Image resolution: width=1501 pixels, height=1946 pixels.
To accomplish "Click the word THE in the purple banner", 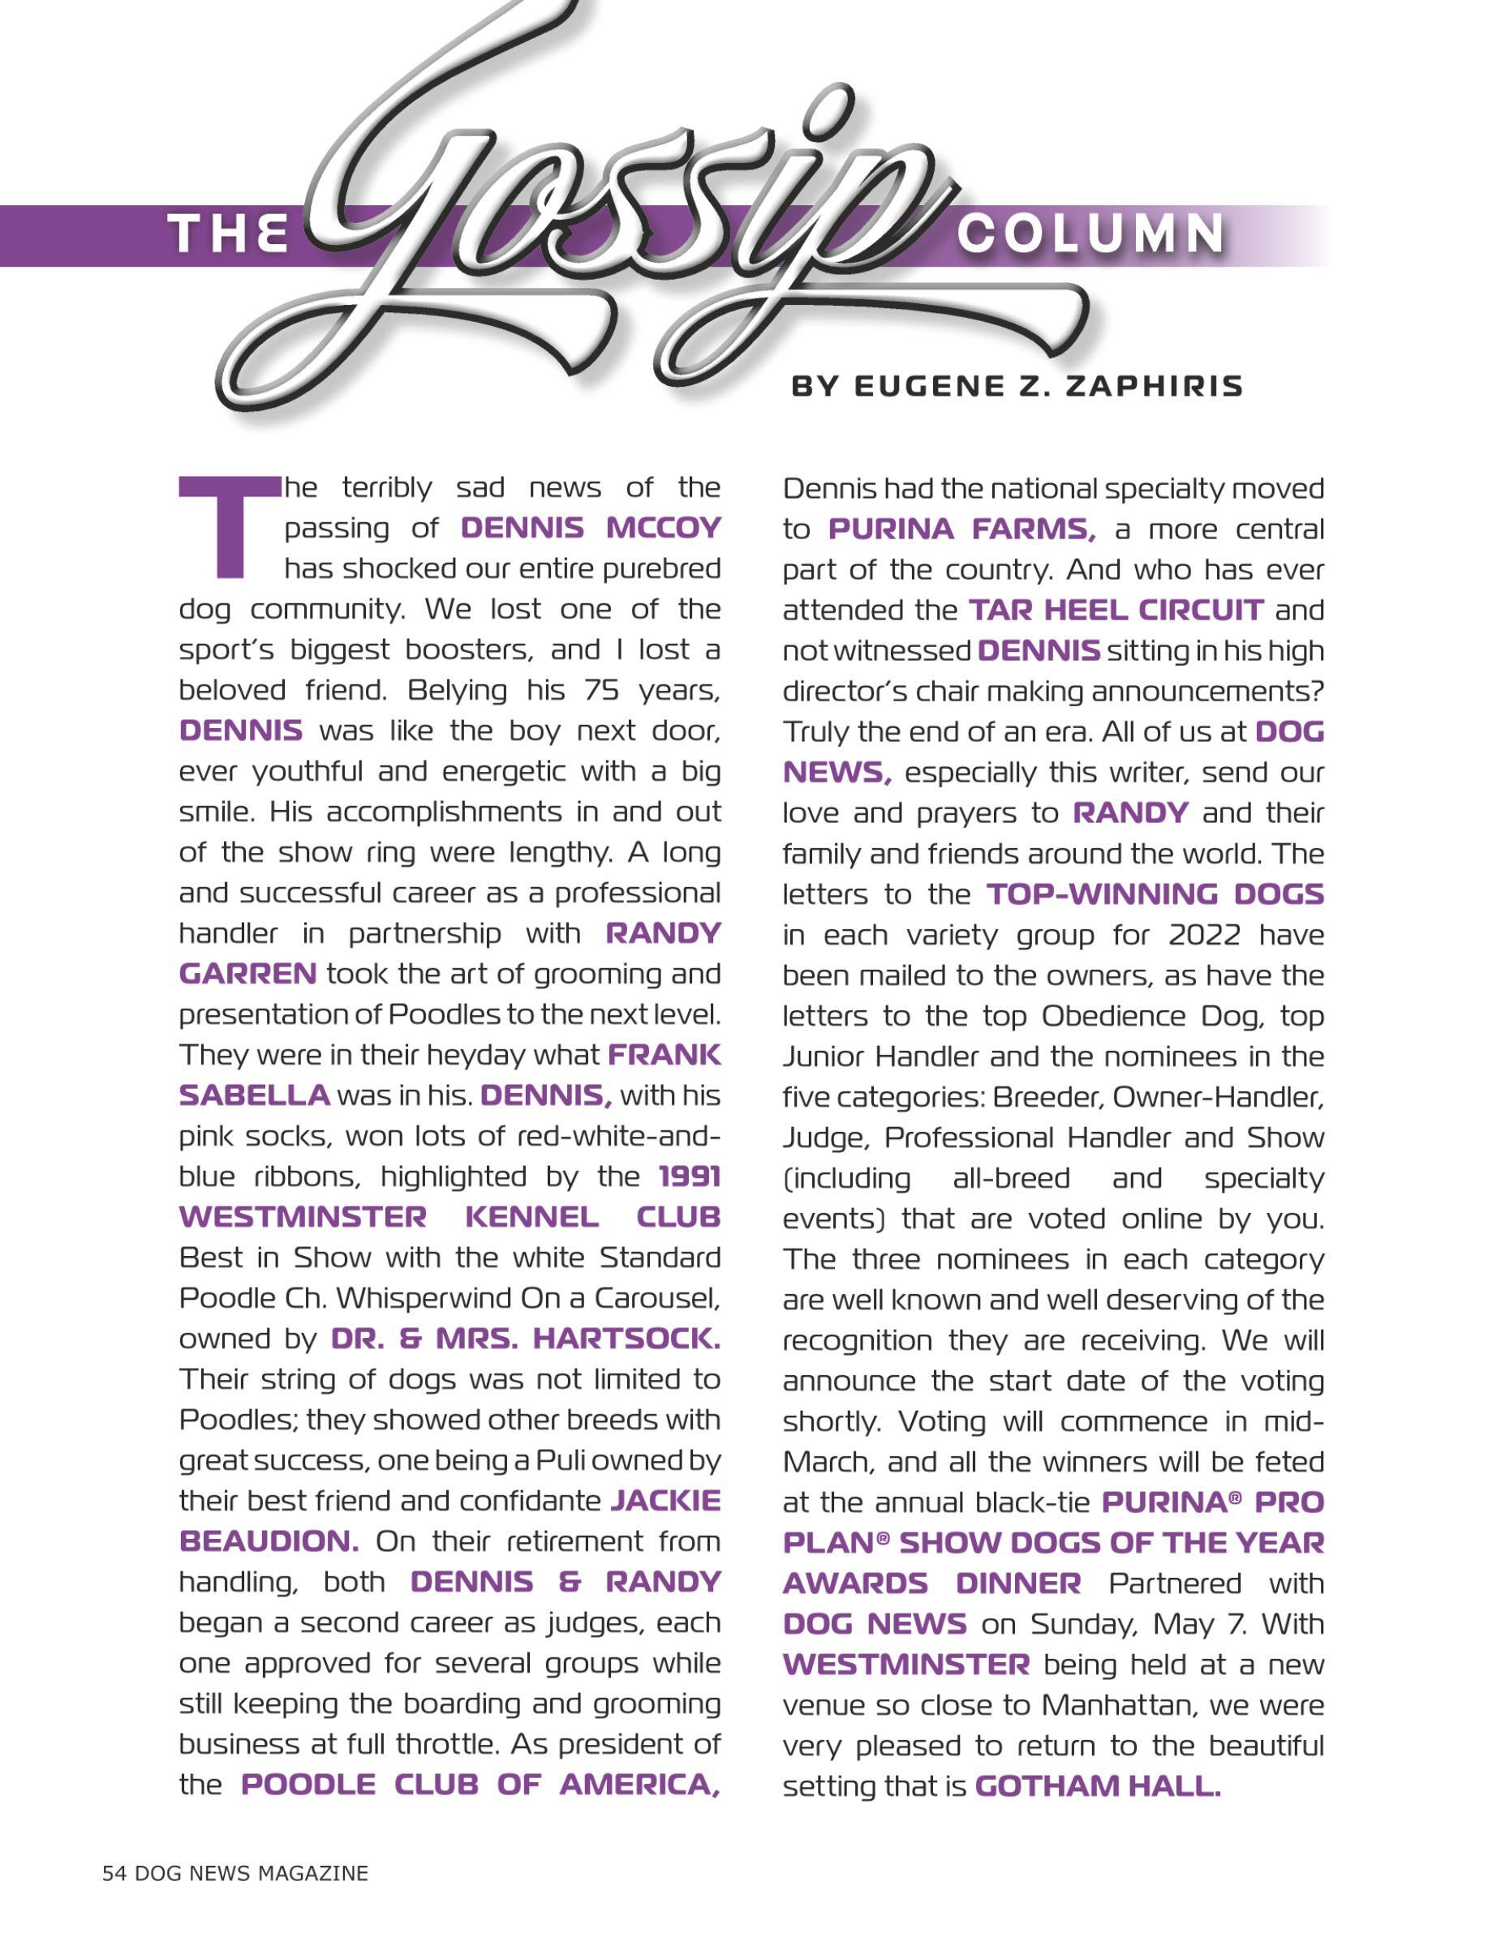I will point(230,235).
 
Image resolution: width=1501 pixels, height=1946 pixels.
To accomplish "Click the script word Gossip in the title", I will point(624,214).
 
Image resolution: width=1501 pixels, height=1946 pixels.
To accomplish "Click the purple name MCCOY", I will point(663,529).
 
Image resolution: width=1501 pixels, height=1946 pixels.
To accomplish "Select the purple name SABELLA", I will point(255,1095).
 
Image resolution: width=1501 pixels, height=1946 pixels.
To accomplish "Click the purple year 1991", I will point(690,1177).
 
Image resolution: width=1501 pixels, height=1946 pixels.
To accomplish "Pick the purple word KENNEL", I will point(532,1217).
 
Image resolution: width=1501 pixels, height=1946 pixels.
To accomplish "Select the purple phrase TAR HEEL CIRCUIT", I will point(1116,611).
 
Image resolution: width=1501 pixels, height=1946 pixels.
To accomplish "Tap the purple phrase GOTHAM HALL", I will point(1097,1786).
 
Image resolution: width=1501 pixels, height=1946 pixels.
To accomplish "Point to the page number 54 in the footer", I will point(114,1873).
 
